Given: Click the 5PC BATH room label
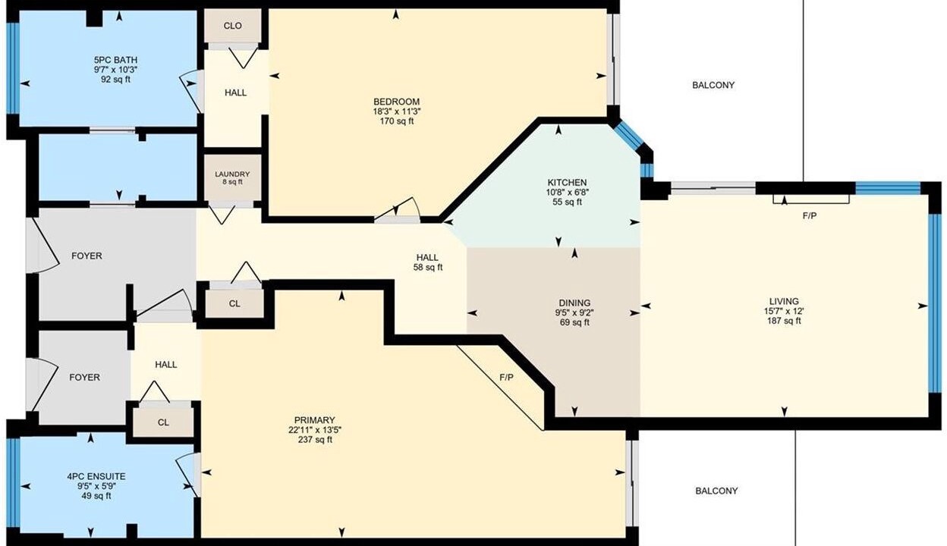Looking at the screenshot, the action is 115,60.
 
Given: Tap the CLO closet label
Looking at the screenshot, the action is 232,26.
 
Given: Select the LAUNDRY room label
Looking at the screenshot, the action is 232,174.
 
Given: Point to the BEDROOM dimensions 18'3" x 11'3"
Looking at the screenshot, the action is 396,111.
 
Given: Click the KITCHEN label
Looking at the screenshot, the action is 567,183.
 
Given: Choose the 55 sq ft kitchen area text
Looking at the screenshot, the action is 567,202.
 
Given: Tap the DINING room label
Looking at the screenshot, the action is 574,303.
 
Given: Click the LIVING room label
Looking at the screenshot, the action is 785,301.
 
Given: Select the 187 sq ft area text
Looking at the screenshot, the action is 785,321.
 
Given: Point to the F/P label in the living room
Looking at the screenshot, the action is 810,216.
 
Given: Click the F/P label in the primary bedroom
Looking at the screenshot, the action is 506,378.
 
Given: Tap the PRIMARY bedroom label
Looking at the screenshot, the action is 315,420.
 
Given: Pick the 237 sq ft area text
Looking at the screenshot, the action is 315,440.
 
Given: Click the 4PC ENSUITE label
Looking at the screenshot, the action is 96,477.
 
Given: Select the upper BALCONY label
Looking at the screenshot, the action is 713,86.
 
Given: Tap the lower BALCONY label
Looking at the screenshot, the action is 716,491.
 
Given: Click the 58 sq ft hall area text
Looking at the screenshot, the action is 428,267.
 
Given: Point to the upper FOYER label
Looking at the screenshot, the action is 87,256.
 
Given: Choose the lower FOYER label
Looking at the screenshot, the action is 84,378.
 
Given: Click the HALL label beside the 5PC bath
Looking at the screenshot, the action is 235,93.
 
